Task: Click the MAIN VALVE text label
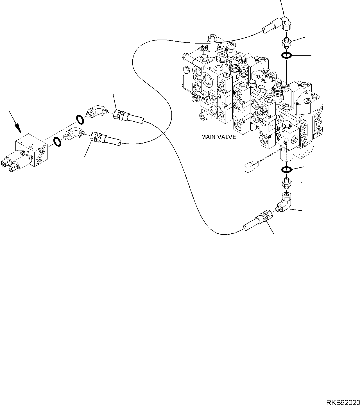[x=219, y=137]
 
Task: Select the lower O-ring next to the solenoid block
[x=57, y=142]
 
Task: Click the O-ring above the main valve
[x=286, y=55]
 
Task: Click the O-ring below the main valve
[x=286, y=170]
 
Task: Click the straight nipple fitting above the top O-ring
[x=286, y=43]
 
